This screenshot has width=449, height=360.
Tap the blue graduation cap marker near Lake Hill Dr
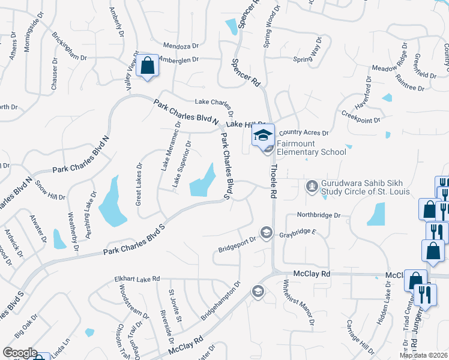point(262,135)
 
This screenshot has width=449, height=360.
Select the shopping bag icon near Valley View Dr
point(147,66)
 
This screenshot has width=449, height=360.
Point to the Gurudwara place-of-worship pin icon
point(312,187)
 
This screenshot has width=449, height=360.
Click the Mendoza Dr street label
point(181,45)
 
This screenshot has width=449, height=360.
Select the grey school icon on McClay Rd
point(258,292)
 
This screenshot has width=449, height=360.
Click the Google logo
point(20,353)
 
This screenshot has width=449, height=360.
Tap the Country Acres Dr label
point(304,133)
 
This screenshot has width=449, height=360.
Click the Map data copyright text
point(423,355)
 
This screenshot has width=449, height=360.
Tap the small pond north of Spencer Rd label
point(231,26)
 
